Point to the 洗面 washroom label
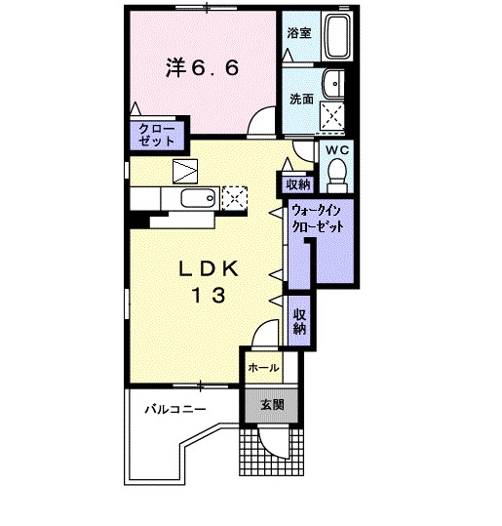point(300,99)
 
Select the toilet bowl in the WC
point(336,174)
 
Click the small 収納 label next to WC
point(297,183)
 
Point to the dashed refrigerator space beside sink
point(235,198)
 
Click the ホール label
point(263,368)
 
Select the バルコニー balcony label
point(175,409)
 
